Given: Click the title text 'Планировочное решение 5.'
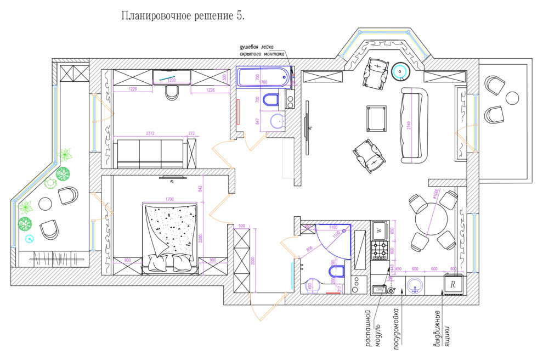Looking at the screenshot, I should [183, 16].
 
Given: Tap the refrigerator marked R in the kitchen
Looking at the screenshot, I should [453, 285].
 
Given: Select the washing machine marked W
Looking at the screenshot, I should [379, 230].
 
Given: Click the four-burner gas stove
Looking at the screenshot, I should [379, 250].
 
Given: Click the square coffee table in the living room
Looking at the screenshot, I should [376, 119].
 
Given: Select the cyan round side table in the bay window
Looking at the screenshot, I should [400, 70].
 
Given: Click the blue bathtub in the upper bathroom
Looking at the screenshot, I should [263, 77].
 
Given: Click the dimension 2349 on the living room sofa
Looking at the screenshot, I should [408, 125].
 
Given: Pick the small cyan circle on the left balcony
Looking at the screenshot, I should [29, 239].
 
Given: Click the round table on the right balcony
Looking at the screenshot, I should [512, 98].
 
